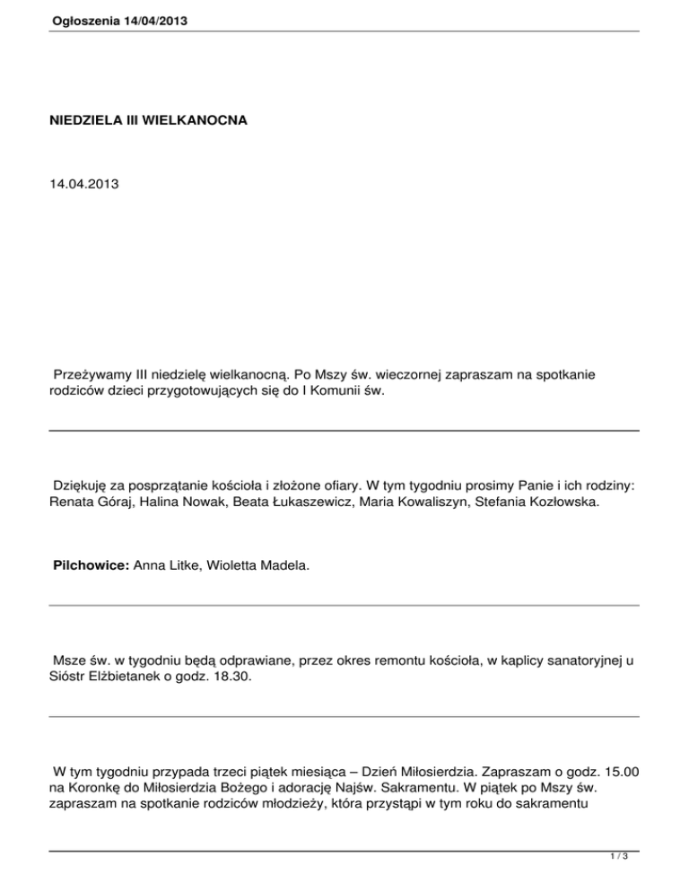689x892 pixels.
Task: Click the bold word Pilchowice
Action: pyautogui.click(x=89, y=567)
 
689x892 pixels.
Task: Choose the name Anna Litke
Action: pyautogui.click(x=163, y=567)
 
